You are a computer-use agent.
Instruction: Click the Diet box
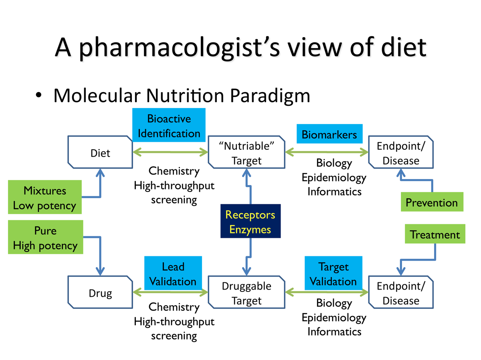click(100, 152)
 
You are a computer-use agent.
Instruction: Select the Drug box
click(100, 292)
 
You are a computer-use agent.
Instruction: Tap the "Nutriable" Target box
click(246, 152)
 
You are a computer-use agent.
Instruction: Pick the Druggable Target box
click(246, 292)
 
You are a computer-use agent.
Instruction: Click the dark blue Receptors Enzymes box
click(251, 221)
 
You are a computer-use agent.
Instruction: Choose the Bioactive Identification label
click(169, 125)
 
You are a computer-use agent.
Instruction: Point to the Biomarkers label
click(329, 134)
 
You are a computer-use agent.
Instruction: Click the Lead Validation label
click(173, 273)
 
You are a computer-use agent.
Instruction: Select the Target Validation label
click(333, 273)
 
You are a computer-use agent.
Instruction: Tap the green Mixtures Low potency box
click(45, 197)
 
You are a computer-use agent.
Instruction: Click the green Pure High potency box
click(46, 237)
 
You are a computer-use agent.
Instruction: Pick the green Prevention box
click(432, 202)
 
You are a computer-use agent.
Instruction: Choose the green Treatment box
click(435, 234)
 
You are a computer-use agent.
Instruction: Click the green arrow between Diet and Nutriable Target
click(170, 152)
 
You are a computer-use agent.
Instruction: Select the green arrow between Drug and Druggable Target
click(170, 292)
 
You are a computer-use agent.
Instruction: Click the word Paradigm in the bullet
click(270, 96)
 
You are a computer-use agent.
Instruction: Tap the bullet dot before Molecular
click(38, 95)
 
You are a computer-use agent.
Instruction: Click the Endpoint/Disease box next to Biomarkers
click(401, 152)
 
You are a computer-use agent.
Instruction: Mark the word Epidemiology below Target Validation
click(334, 318)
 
